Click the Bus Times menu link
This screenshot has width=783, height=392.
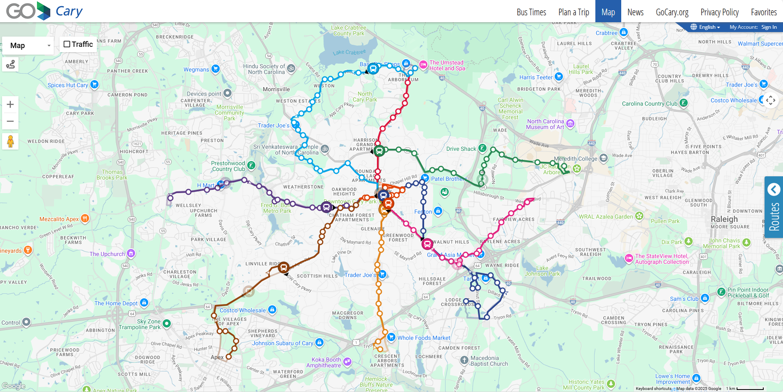point(531,12)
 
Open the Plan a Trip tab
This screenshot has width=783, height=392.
point(573,12)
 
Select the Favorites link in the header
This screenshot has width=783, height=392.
point(763,12)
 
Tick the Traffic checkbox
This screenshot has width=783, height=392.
point(67,44)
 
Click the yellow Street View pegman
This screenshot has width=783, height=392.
point(10,141)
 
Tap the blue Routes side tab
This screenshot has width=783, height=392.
point(774,207)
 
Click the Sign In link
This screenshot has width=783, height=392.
point(769,27)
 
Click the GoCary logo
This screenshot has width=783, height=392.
point(44,11)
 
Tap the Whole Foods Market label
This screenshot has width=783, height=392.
point(423,338)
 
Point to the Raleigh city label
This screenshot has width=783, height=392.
point(724,219)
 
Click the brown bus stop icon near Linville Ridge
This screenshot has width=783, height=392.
point(283,267)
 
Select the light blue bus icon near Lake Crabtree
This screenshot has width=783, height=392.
point(373,69)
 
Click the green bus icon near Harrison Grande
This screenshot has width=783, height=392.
point(379,151)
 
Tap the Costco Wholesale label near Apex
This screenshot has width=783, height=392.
point(242,310)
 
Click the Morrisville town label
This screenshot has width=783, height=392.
point(276,89)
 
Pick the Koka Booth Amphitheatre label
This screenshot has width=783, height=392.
point(324,362)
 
